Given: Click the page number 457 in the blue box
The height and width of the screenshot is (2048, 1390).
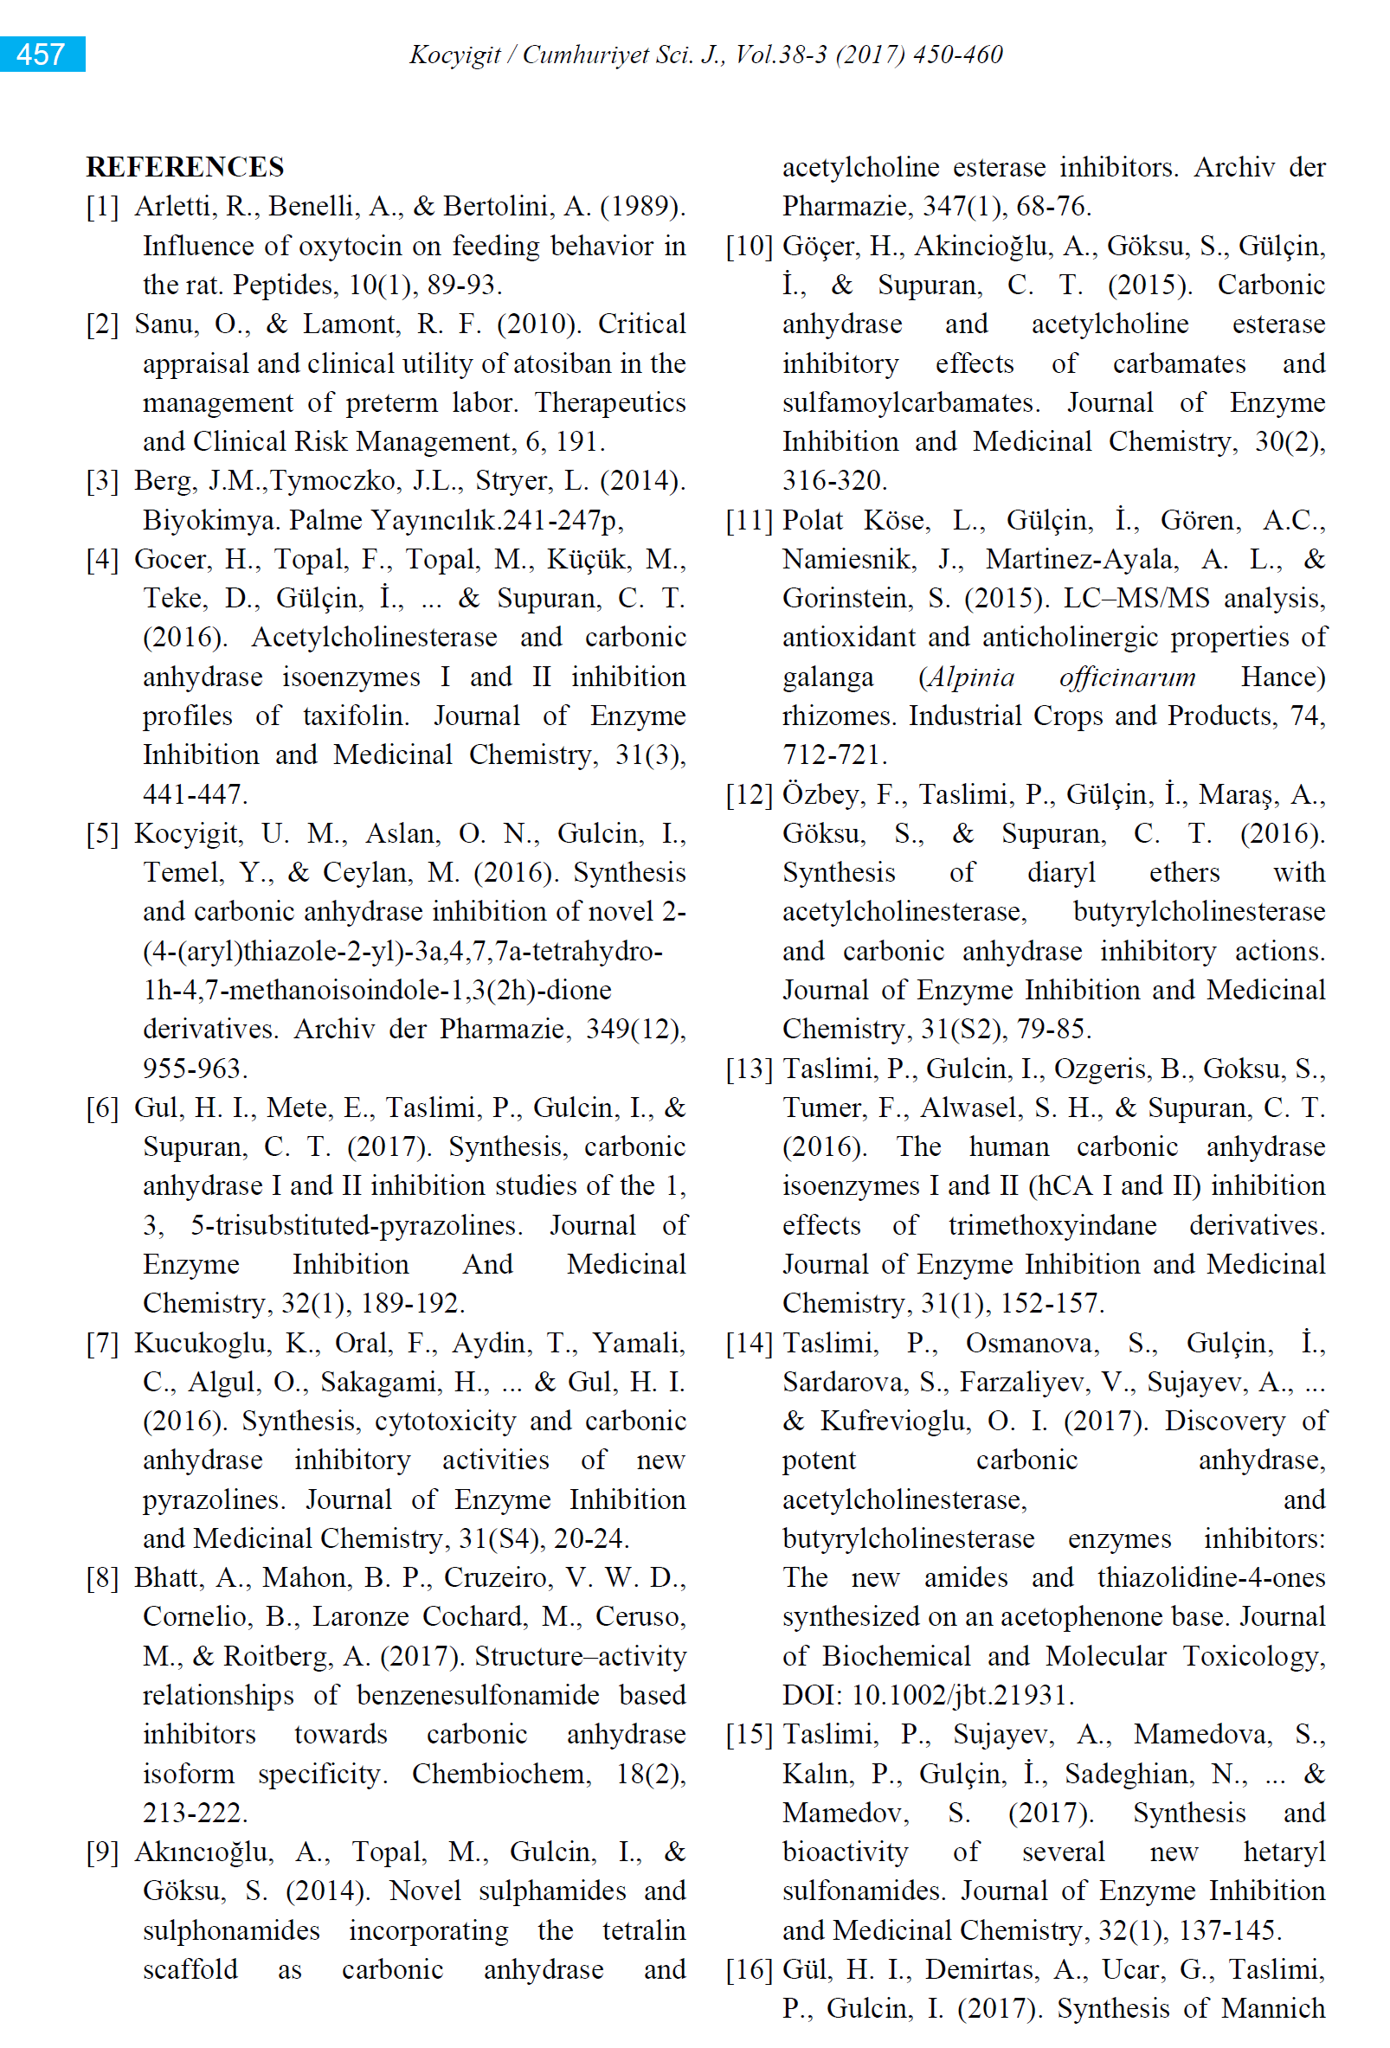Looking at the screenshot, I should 41,55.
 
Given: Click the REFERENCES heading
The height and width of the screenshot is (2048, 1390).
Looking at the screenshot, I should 185,166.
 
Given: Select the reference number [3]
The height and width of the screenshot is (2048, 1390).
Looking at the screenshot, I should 102,481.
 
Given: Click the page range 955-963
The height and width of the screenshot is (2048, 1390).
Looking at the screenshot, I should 194,1069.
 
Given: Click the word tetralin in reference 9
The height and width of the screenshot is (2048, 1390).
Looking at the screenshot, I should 643,1931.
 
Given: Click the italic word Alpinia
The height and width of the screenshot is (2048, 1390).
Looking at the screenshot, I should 967,677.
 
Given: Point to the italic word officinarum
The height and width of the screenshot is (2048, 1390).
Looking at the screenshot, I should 1128,677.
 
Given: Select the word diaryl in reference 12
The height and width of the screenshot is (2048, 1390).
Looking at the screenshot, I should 1061,873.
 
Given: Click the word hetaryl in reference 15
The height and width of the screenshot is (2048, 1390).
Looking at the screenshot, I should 1284,1852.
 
